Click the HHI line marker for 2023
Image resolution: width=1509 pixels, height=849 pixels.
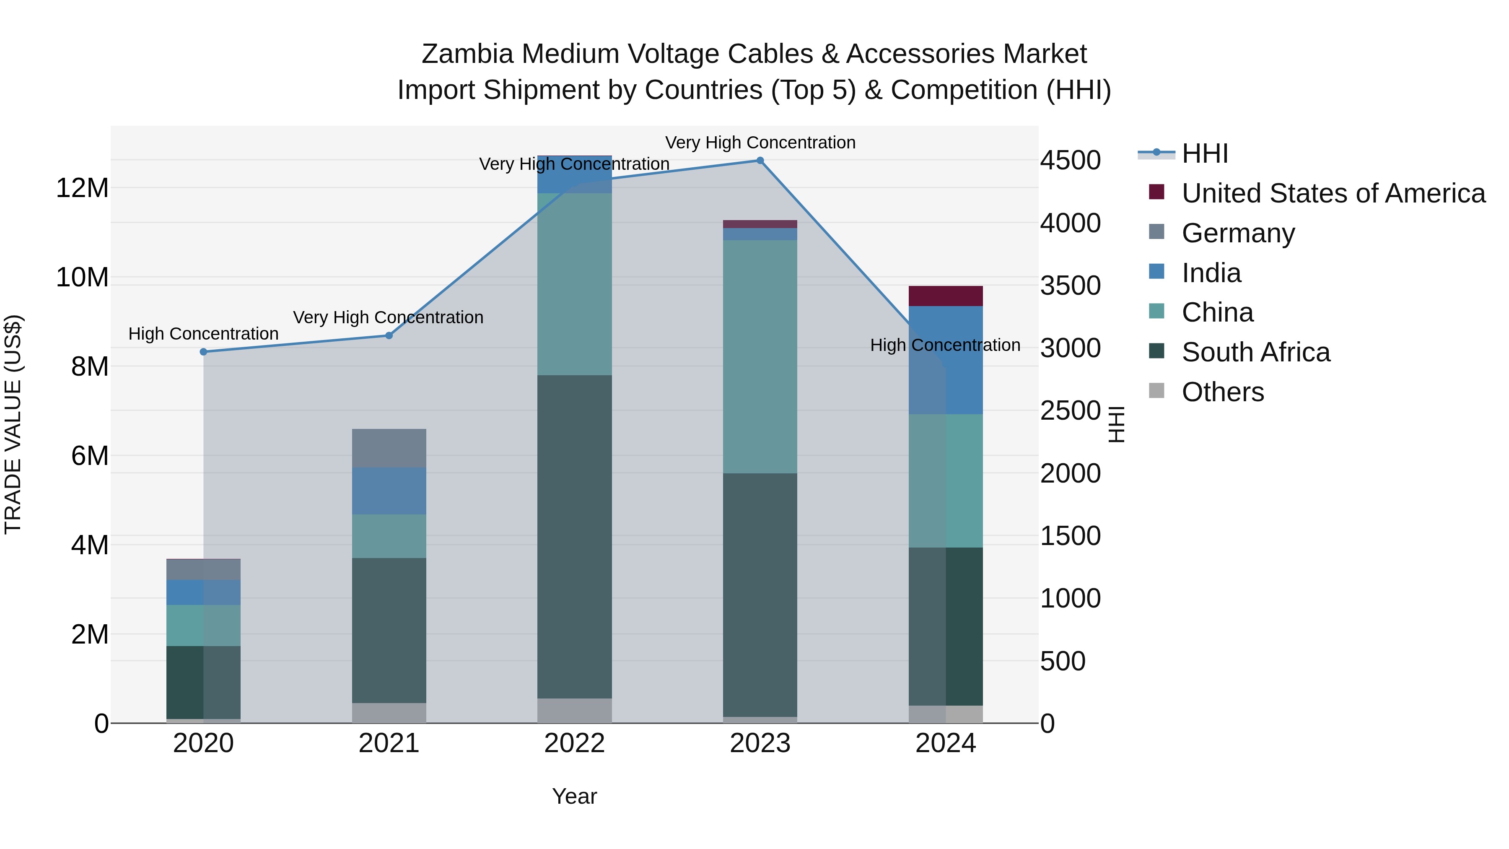click(x=760, y=161)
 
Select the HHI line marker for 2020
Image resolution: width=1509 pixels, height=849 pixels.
click(x=203, y=352)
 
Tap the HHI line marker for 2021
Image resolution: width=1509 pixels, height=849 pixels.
click(x=389, y=336)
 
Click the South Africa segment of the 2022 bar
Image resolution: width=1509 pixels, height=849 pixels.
click(x=574, y=536)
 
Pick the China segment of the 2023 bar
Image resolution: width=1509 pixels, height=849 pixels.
click(x=760, y=356)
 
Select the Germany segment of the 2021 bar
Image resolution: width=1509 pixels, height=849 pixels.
click(x=389, y=448)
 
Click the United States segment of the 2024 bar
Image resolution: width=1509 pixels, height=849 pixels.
click(x=946, y=296)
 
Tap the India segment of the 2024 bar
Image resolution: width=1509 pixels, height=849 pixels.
click(x=946, y=360)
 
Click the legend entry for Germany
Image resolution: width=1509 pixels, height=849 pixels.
click(x=1238, y=233)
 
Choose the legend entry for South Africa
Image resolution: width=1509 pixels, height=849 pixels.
click(x=1255, y=352)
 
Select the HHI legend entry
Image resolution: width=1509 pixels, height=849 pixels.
click(x=1204, y=153)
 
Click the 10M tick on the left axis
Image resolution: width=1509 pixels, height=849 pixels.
click(x=82, y=277)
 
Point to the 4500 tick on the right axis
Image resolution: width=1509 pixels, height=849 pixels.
click(x=1070, y=161)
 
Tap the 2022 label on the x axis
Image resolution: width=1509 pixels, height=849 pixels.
click(x=574, y=743)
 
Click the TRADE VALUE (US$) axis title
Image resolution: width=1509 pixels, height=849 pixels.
click(x=13, y=424)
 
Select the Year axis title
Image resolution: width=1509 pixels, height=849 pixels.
click(x=574, y=796)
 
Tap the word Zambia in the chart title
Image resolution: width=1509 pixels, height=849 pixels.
click(x=467, y=54)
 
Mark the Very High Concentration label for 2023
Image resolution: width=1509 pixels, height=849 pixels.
click(x=760, y=143)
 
